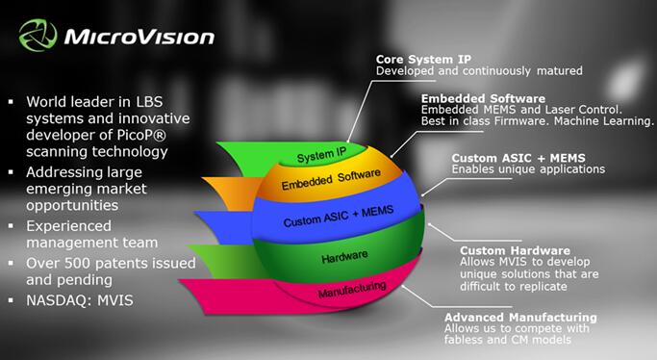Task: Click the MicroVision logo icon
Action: pos(36,37)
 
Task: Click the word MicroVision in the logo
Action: pos(139,38)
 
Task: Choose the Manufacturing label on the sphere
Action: pos(352,286)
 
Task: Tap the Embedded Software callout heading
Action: pos(484,98)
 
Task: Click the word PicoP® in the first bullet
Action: pos(140,135)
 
